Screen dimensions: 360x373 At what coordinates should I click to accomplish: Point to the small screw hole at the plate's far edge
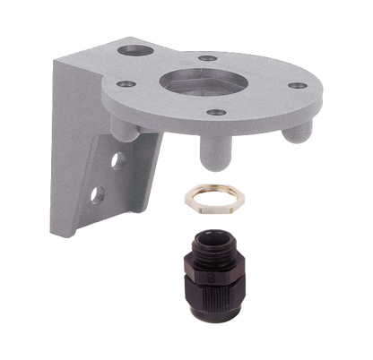(209, 59)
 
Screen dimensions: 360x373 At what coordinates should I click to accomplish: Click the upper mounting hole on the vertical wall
(115, 159)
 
